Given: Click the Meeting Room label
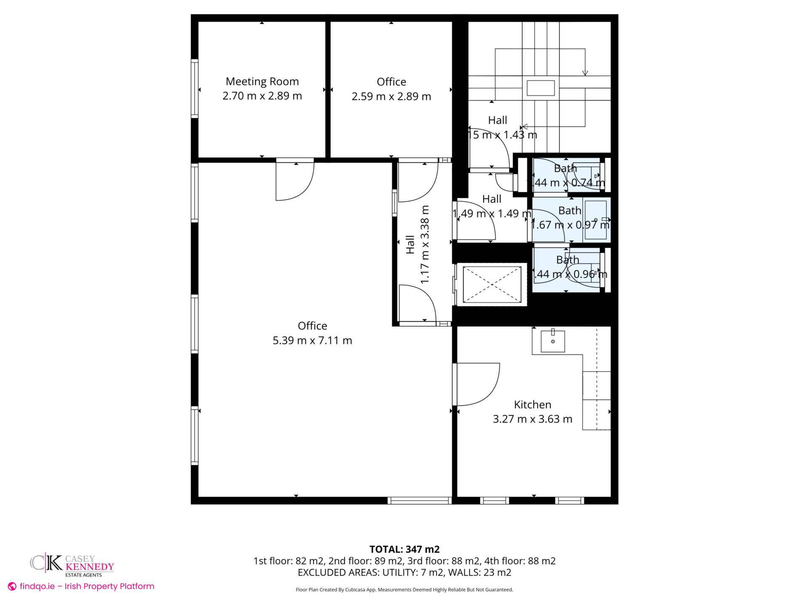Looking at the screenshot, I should click(x=262, y=82).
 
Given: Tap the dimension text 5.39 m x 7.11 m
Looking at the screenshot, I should click(x=312, y=340).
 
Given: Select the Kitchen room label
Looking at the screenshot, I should click(x=533, y=405).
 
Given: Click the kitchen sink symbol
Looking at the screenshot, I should click(x=552, y=341).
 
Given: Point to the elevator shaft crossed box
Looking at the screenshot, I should click(x=492, y=284).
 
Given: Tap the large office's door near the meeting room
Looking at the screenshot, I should click(x=295, y=181).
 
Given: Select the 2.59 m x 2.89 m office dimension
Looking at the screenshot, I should click(x=391, y=96).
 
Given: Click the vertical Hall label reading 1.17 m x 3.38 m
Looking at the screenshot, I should click(x=417, y=245).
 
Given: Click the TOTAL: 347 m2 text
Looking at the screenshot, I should click(x=404, y=549).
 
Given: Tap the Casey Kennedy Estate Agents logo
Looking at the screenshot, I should click(x=72, y=564).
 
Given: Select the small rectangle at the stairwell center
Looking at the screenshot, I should click(x=540, y=88).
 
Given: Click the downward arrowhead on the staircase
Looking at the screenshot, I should click(x=585, y=73).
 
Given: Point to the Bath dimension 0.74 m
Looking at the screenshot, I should click(x=588, y=183).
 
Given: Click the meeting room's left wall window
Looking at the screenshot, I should click(x=194, y=88).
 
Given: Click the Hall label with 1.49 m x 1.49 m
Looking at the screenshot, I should click(x=492, y=206).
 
